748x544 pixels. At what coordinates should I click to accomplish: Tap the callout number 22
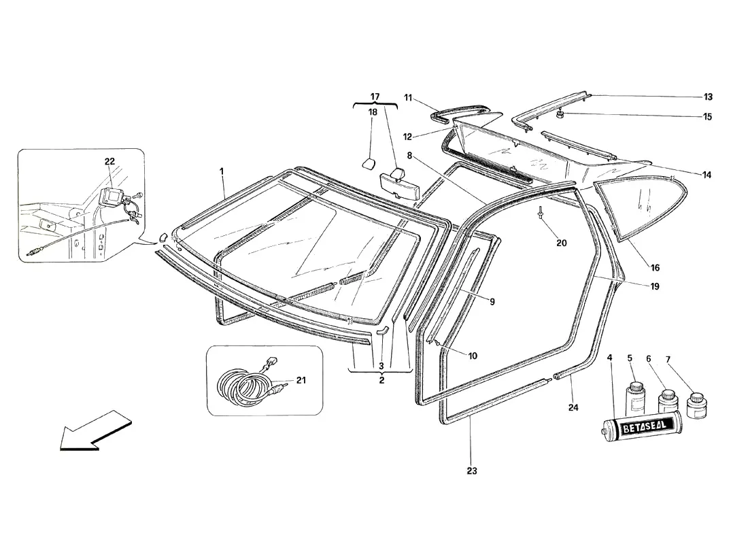click(109, 161)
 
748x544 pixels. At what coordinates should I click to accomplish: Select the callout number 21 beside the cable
click(301, 380)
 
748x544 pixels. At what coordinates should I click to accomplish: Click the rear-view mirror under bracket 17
click(397, 186)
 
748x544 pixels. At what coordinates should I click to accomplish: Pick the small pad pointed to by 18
click(369, 164)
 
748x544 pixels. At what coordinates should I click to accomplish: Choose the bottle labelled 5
click(635, 396)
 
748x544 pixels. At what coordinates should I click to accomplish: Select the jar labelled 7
click(696, 405)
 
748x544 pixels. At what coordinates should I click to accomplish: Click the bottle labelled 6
click(667, 402)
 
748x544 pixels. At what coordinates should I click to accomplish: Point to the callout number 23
click(471, 471)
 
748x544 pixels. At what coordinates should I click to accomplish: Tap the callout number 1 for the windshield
click(222, 171)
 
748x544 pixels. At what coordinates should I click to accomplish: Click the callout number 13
click(708, 97)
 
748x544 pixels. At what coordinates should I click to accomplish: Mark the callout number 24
click(573, 407)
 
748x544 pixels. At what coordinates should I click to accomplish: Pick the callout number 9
click(492, 302)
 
